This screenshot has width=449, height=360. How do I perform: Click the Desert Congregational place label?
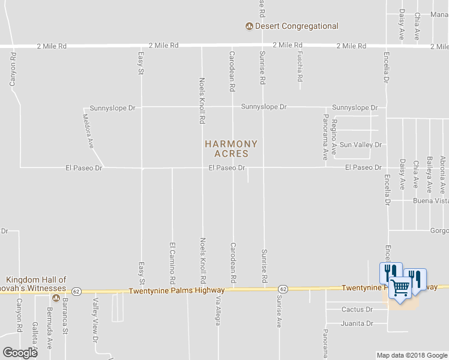(x=297, y=26)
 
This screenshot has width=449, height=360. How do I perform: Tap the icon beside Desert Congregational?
(x=249, y=26)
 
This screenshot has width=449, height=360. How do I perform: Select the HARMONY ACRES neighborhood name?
(x=231, y=149)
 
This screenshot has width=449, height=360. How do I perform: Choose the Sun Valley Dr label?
(x=361, y=145)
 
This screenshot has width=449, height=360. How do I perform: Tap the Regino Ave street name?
(x=334, y=131)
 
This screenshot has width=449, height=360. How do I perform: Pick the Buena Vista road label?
(x=430, y=201)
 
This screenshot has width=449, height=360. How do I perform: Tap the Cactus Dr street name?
(x=357, y=310)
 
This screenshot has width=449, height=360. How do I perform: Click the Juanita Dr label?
(x=357, y=323)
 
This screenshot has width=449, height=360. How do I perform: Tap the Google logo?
(x=20, y=352)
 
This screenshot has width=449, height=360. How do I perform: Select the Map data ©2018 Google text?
(x=412, y=355)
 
